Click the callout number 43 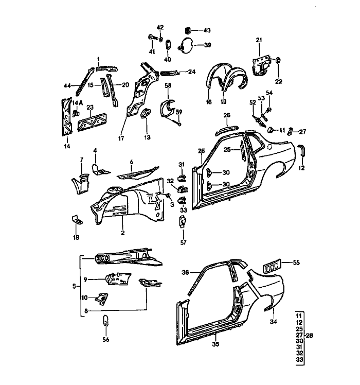tap(207, 30)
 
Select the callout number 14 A tap(78, 102)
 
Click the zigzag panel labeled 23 tap(92, 122)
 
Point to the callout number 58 tap(168, 85)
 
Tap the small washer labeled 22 tap(278, 60)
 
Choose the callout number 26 tap(227, 115)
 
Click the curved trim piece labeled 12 tap(301, 150)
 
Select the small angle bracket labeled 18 tap(77, 219)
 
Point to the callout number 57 tap(183, 242)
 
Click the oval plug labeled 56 tap(106, 320)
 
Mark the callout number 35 tap(215, 344)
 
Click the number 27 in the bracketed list tap(299, 335)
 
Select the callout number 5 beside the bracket tap(74, 286)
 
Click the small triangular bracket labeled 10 tap(102, 299)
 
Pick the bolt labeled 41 tap(152, 38)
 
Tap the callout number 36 tap(185, 272)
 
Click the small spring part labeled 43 tap(188, 31)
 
